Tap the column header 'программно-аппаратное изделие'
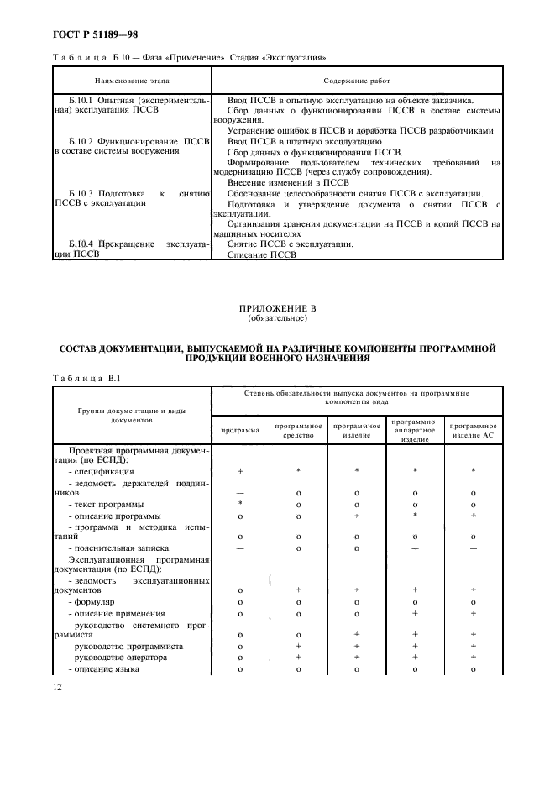[416, 430]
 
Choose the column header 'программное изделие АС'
[474, 431]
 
